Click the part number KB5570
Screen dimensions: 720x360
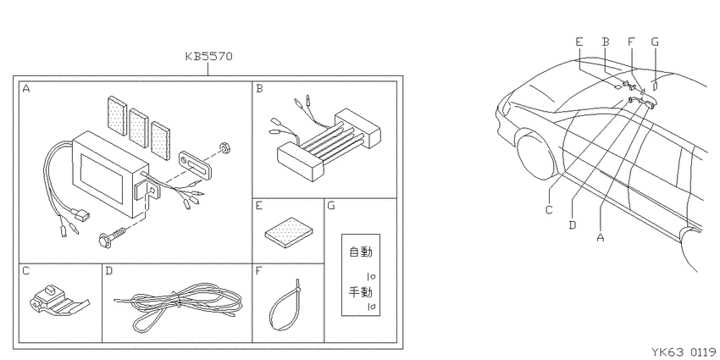(x=209, y=57)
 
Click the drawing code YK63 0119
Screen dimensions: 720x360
(x=684, y=352)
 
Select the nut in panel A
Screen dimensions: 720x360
(x=225, y=148)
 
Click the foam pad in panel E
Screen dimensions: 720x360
(x=290, y=232)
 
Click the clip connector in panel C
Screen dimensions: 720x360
(x=58, y=302)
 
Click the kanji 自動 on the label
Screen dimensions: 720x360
(x=361, y=252)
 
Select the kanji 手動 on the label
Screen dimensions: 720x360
(x=361, y=291)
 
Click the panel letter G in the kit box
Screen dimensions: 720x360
(x=330, y=205)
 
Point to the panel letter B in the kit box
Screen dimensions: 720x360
(x=259, y=88)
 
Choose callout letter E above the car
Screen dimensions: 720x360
(x=579, y=42)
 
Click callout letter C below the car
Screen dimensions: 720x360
(x=549, y=210)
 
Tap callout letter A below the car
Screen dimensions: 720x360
(x=601, y=237)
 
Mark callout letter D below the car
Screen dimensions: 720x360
(x=572, y=225)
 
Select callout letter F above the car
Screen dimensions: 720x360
(x=631, y=42)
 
